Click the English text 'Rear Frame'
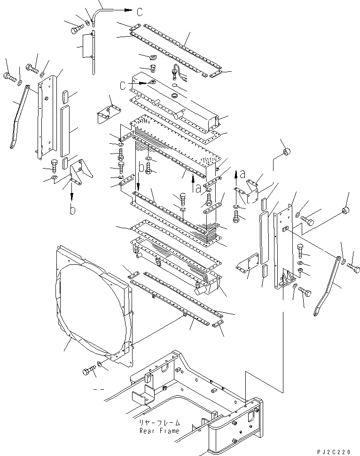159,431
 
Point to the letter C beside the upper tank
122,85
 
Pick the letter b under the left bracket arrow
73,210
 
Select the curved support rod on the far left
19,117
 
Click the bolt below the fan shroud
89,371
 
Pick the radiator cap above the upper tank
152,58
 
